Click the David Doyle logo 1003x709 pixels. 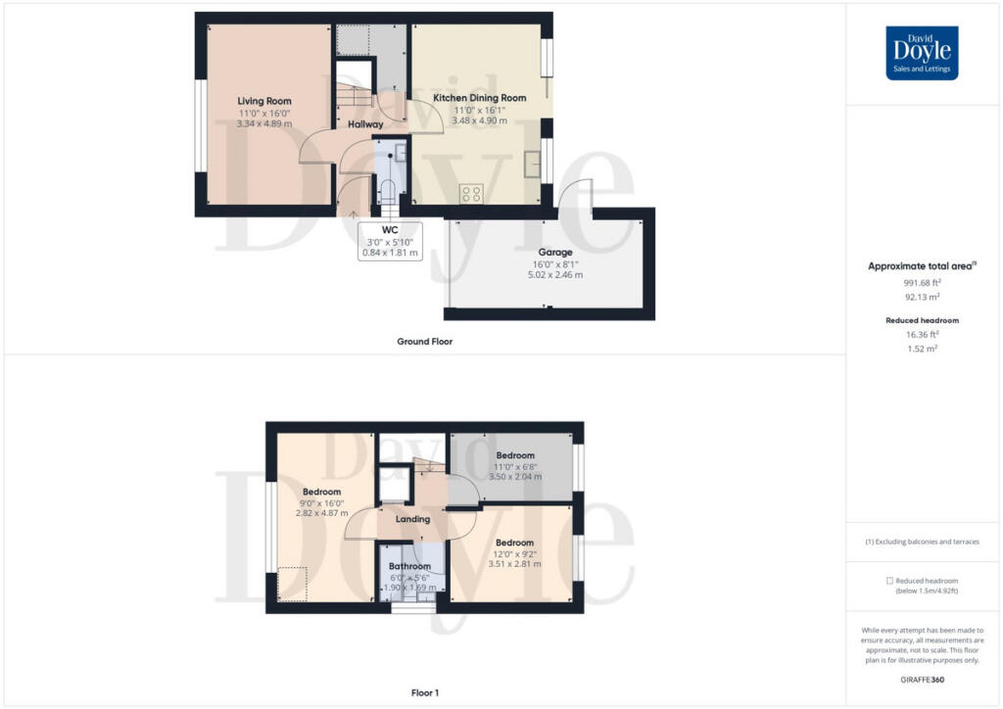(x=922, y=53)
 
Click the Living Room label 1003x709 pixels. (x=264, y=101)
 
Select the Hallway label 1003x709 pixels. (x=365, y=124)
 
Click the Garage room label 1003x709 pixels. (x=554, y=252)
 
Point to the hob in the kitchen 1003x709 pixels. (x=470, y=194)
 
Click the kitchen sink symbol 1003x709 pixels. (x=532, y=164)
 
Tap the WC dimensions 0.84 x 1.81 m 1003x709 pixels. (x=389, y=253)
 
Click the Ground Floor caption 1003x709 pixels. (x=424, y=342)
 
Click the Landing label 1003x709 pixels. (x=412, y=519)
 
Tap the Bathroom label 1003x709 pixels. (x=409, y=566)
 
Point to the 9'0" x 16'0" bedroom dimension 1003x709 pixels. (x=321, y=502)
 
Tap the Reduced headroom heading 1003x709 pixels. (x=922, y=320)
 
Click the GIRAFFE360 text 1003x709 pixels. (x=922, y=679)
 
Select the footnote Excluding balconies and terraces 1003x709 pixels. (x=922, y=542)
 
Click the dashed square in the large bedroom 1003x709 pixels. (x=292, y=585)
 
